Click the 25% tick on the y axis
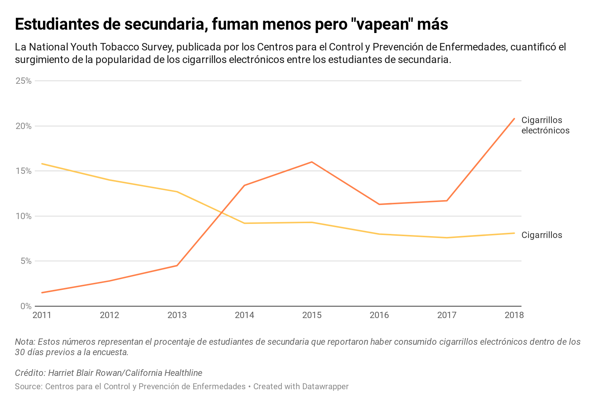pos(23,81)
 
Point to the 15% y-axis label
pos(23,171)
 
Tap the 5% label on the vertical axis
pos(26,261)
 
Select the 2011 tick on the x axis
pos(42,315)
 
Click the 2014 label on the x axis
pos(244,315)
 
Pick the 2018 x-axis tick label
pos(514,315)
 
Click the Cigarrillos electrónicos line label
pos(545,125)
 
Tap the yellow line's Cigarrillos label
pos(541,235)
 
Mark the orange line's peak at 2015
pos(312,162)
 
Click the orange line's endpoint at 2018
pos(514,119)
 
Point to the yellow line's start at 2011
pos(42,163)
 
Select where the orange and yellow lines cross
pos(221,213)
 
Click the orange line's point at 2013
pos(177,265)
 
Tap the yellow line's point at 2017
pos(447,238)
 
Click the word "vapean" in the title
pos(379,24)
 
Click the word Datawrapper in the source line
pos(325,386)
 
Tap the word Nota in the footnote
pos(24,342)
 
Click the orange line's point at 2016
pos(379,204)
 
